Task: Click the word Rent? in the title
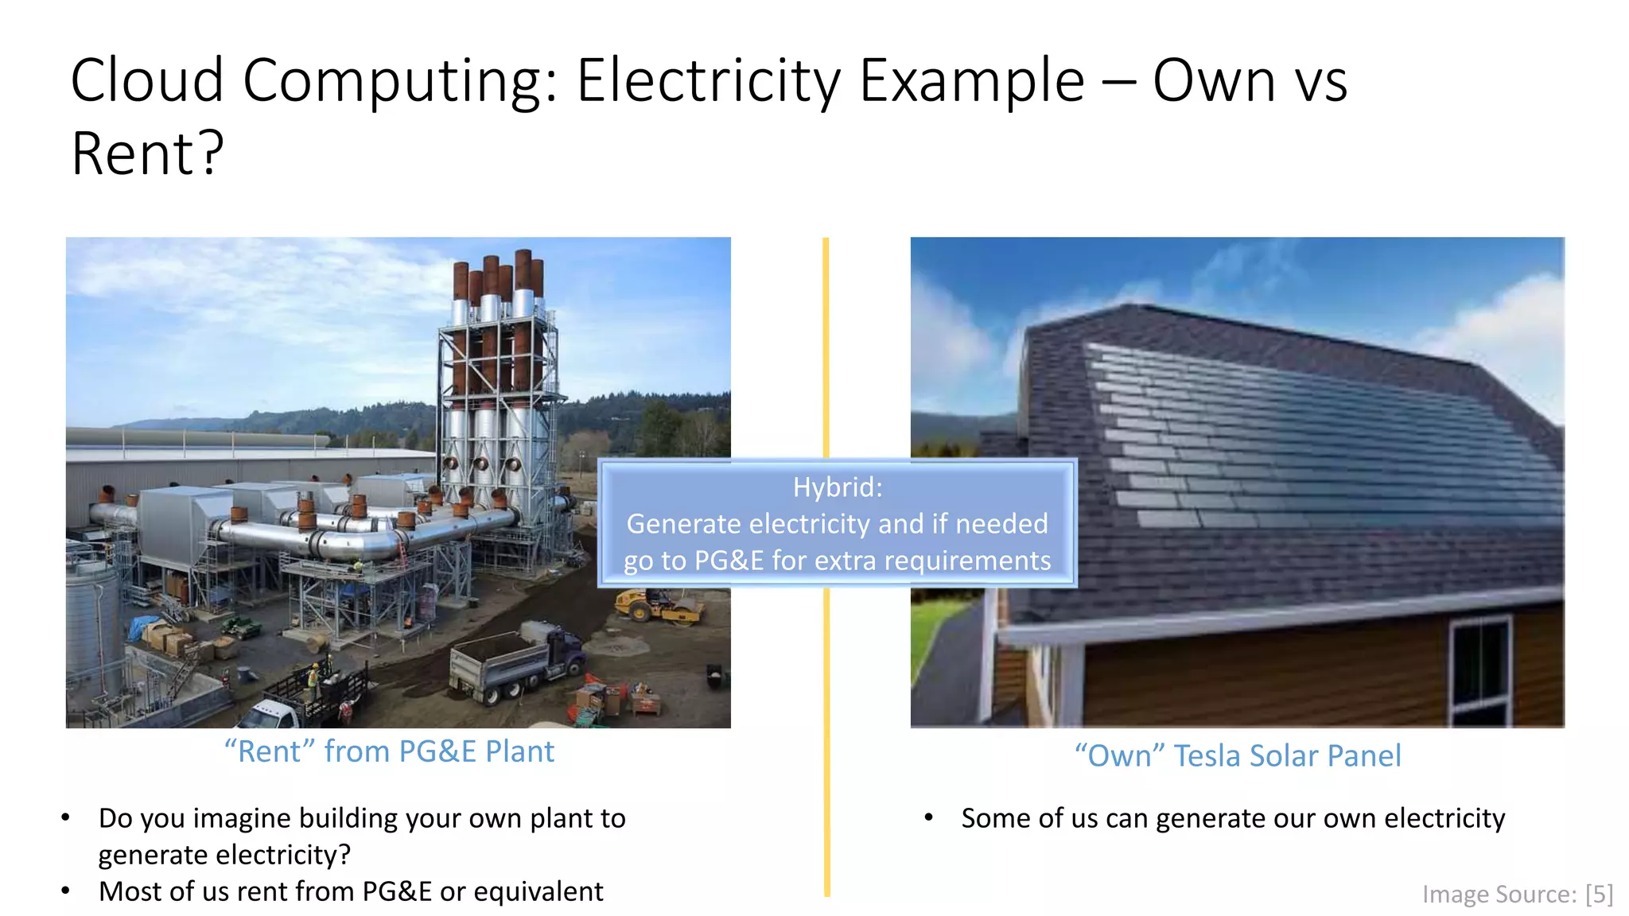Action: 148,154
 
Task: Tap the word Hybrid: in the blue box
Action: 837,487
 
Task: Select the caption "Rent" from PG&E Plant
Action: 389,751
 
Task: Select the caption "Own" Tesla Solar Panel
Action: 1237,755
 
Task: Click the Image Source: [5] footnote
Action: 1516,895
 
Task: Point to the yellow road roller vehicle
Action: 659,605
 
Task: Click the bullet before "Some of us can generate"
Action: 928,818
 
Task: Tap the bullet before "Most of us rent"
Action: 66,891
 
